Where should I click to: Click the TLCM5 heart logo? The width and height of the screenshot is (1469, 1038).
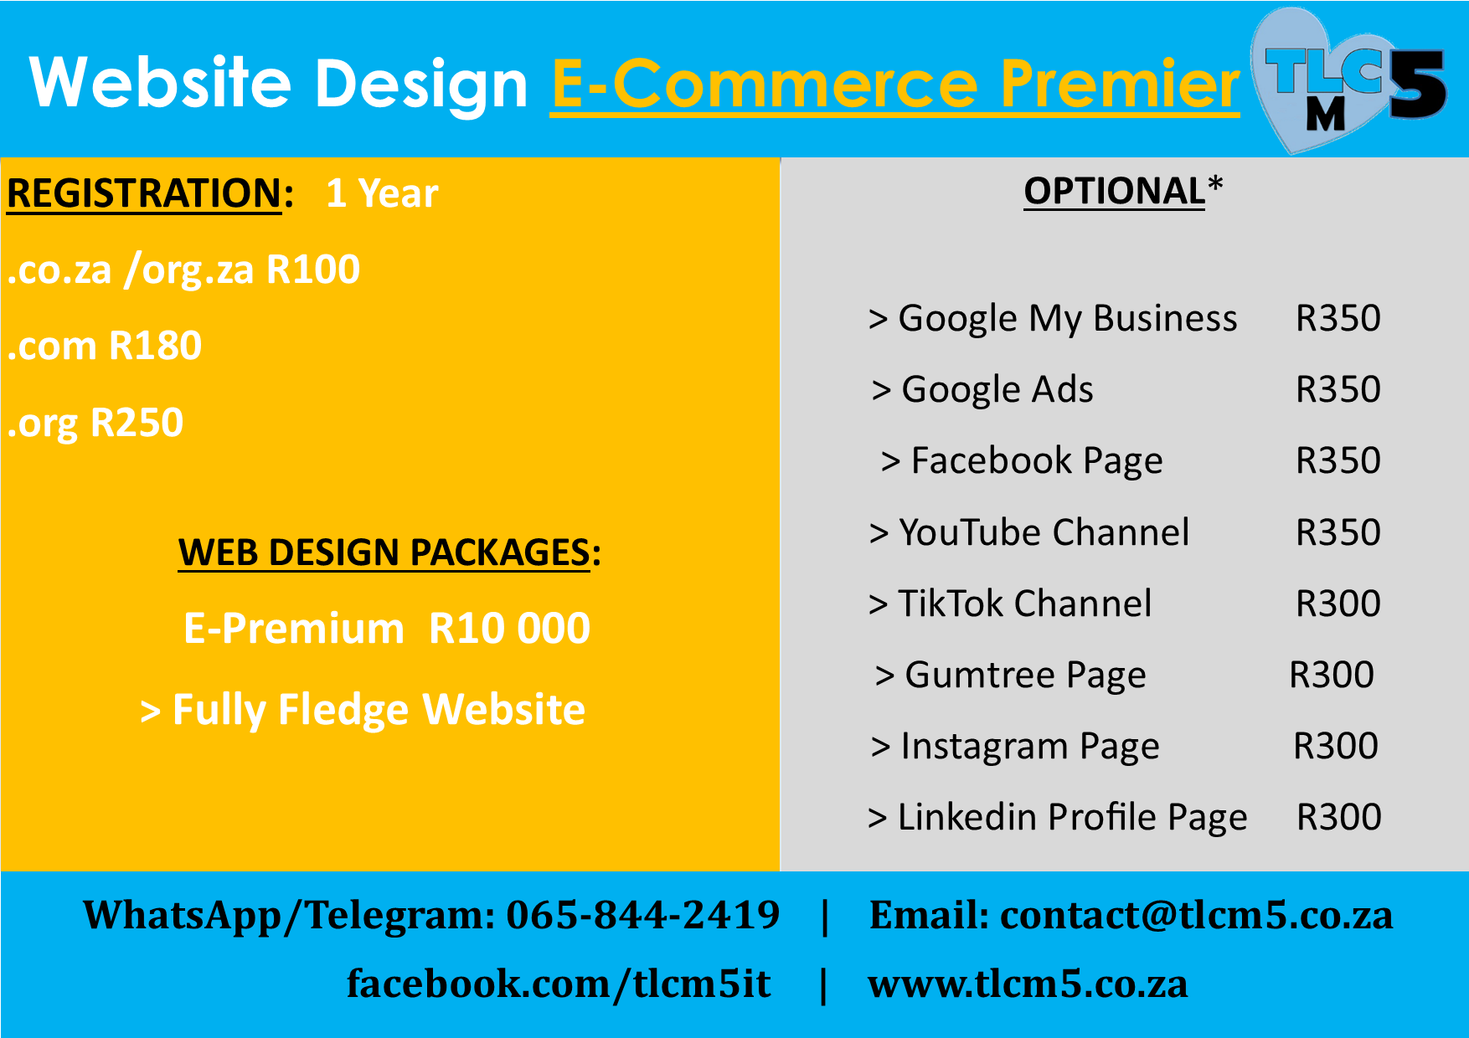[x=1348, y=80]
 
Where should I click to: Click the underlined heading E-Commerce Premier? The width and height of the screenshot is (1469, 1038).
[x=895, y=85]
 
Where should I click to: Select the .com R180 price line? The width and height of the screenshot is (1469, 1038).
[x=105, y=346]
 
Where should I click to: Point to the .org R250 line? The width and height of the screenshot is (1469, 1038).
[x=95, y=423]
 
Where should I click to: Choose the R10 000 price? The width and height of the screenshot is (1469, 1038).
[x=509, y=629]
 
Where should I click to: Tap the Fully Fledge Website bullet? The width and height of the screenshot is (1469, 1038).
[x=363, y=710]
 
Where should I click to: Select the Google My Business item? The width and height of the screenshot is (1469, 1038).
[x=1053, y=319]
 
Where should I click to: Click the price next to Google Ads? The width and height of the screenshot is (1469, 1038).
[x=1338, y=389]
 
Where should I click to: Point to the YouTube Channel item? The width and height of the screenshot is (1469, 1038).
[x=1029, y=532]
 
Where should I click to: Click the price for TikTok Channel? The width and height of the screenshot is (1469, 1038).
[x=1338, y=604]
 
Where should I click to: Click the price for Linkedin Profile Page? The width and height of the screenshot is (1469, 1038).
[x=1339, y=817]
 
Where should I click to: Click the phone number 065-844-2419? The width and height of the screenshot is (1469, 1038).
[x=643, y=915]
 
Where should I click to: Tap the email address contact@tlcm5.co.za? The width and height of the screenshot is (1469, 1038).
[x=1197, y=915]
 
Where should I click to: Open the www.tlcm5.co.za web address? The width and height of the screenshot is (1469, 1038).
[x=1028, y=984]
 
